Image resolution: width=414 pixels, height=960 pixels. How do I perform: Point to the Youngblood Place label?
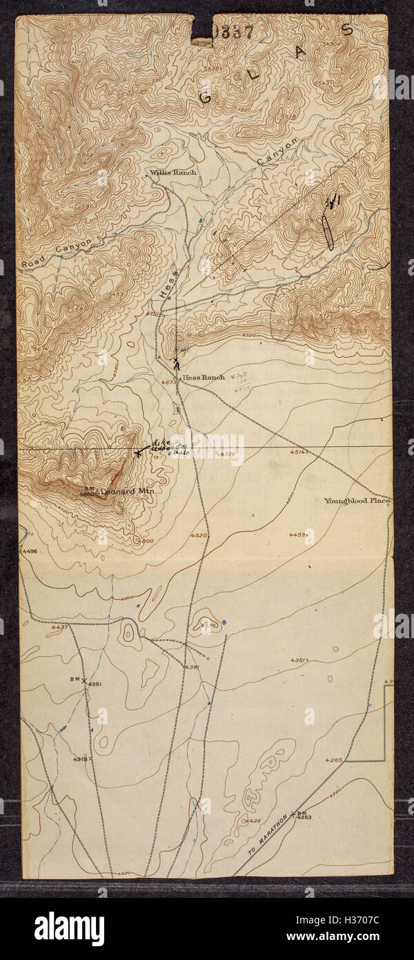coord(357,501)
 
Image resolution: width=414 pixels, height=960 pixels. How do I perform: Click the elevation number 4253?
coord(304,818)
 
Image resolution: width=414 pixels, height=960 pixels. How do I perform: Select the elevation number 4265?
coord(334,760)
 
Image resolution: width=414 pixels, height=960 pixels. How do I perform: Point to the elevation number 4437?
coord(59,627)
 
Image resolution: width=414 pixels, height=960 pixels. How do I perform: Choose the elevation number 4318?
coord(79,759)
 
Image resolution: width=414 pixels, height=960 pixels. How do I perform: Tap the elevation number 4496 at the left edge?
coord(30,551)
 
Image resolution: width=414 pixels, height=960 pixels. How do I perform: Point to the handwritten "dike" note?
coord(161,443)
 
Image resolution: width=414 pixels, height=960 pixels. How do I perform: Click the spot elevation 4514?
coord(297,452)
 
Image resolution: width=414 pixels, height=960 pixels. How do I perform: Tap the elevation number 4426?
coord(253,820)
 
